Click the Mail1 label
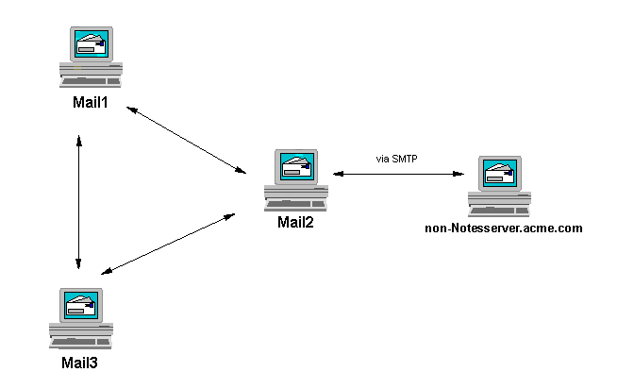tap(91, 102)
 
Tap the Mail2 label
tap(294, 223)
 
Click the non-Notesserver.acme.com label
tap(504, 228)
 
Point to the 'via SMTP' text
tap(396, 159)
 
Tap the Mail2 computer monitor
tap(295, 168)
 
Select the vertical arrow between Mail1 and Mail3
tap(78, 202)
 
